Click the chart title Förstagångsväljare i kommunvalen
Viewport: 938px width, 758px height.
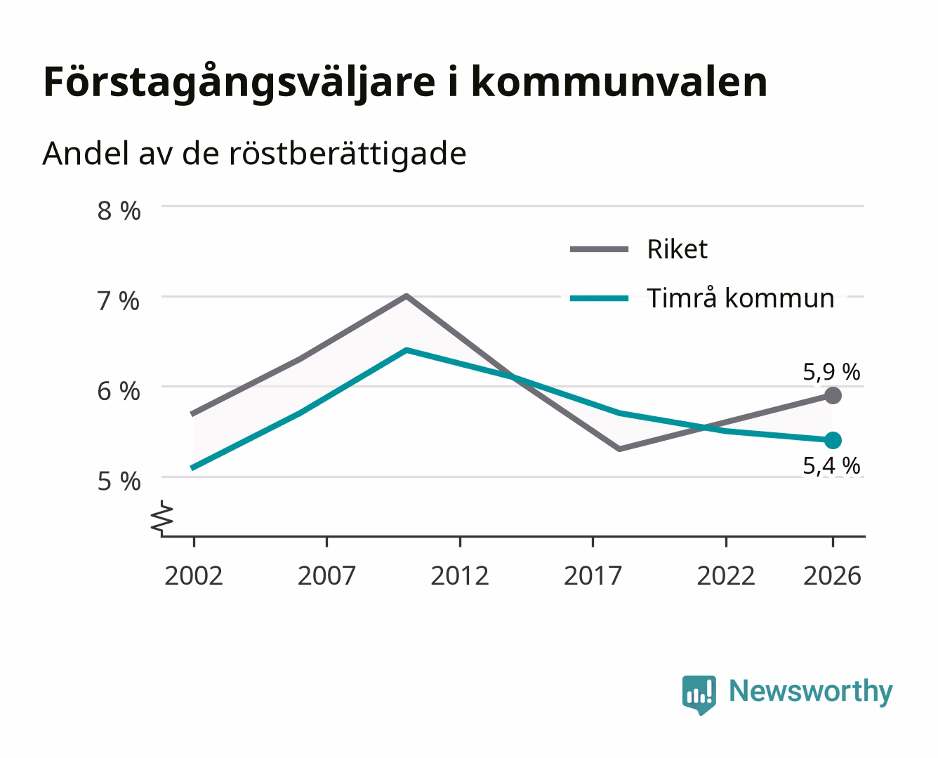tap(405, 83)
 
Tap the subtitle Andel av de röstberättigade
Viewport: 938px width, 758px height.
tap(254, 154)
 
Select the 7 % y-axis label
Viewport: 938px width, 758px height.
tap(119, 302)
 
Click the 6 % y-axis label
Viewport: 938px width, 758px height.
tap(119, 392)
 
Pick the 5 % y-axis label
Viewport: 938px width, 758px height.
tap(119, 481)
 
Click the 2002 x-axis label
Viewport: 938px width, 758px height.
tap(194, 576)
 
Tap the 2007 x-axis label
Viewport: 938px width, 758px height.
tap(326, 576)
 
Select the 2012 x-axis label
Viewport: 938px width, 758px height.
tap(460, 576)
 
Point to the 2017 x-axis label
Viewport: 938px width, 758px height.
tap(593, 576)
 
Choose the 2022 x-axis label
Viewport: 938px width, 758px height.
tap(726, 576)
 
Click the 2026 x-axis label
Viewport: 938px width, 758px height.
tap(832, 576)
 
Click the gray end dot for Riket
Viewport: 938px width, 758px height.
tap(833, 395)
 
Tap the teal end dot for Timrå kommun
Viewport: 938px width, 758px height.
tap(833, 440)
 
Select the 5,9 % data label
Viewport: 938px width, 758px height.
tap(831, 373)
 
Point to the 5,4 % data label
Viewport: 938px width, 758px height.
tap(831, 466)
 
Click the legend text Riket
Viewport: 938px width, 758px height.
tap(678, 249)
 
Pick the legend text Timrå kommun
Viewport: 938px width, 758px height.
tap(741, 298)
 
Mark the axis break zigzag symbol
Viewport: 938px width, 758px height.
tap(162, 518)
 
